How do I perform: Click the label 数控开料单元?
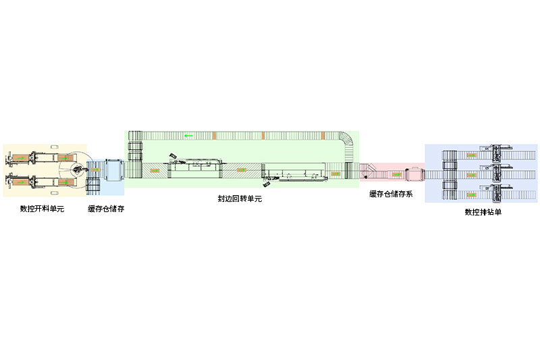click(41, 209)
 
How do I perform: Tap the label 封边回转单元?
click(240, 199)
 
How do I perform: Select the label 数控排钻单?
click(483, 211)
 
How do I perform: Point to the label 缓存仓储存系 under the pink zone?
click(391, 194)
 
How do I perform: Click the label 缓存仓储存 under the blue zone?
click(106, 209)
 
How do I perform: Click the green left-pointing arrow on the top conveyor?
click(188, 136)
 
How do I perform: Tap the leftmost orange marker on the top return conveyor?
click(214, 136)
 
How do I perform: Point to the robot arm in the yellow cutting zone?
click(80, 169)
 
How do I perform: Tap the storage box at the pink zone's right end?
click(414, 174)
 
